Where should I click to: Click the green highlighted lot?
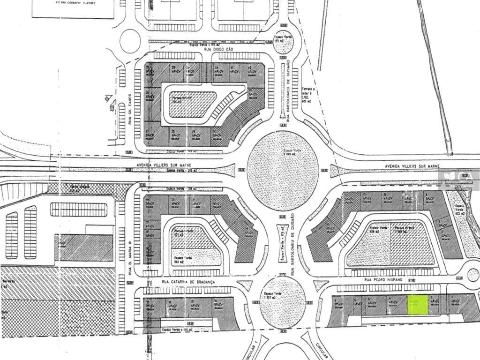(417, 305)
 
